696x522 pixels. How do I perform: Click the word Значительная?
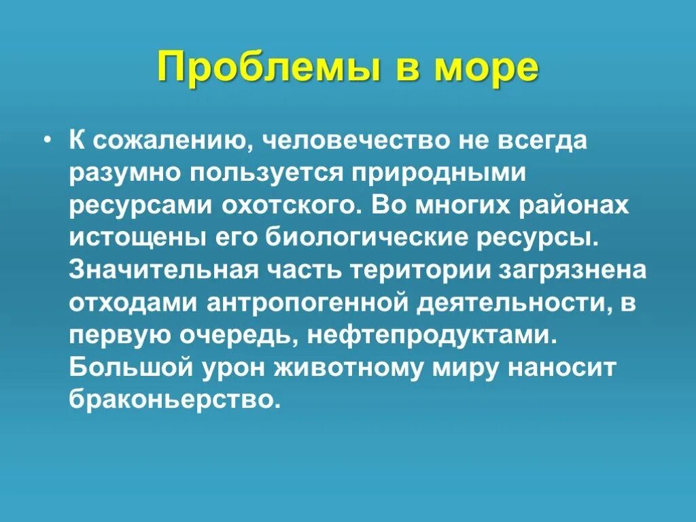pyautogui.click(x=163, y=270)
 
